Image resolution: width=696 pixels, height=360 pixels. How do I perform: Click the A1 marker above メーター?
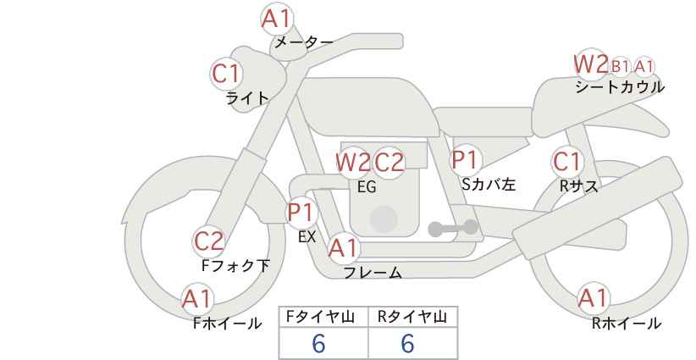pos(276,18)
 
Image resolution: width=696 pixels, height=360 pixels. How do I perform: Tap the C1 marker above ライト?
pos(226,74)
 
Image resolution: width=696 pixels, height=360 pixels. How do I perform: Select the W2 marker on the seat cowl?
pos(590,64)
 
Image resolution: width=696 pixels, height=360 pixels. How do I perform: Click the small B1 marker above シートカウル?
pos(621,66)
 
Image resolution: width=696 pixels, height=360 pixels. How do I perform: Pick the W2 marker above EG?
pos(353,161)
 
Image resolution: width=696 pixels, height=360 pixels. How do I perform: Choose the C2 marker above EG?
pos(389,161)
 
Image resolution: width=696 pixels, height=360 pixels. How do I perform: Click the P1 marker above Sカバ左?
pos(466,159)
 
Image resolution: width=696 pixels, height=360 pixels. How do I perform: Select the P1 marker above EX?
pos(301,211)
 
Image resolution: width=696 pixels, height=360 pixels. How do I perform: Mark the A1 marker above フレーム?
pos(344,248)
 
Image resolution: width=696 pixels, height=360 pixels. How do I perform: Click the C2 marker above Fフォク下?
pos(209,241)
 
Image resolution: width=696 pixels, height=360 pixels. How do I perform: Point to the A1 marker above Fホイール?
pos(197,298)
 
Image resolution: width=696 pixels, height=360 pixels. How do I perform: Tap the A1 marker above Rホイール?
pos(593,297)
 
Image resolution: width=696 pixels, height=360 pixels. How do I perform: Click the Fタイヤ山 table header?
pos(323,317)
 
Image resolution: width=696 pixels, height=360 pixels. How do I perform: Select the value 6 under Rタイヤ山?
pos(407,343)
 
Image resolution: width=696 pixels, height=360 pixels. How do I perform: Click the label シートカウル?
pos(619,87)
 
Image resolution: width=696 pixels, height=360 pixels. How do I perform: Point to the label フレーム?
pos(373,273)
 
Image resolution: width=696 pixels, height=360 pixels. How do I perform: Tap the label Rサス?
pos(578,186)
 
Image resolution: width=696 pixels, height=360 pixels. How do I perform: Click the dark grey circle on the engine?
pos(384,219)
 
